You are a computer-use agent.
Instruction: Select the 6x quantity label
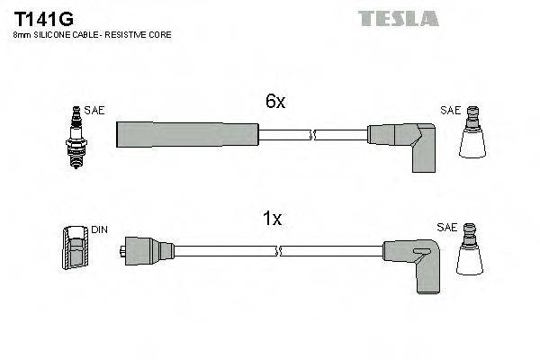click(274, 102)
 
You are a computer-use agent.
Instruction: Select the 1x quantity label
click(273, 218)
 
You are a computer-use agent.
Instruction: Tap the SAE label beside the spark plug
click(95, 111)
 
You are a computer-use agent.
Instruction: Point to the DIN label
click(99, 229)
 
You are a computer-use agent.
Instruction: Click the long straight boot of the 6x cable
click(187, 135)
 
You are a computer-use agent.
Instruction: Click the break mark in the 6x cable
click(312, 135)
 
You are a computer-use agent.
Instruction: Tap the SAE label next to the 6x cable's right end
click(450, 111)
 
